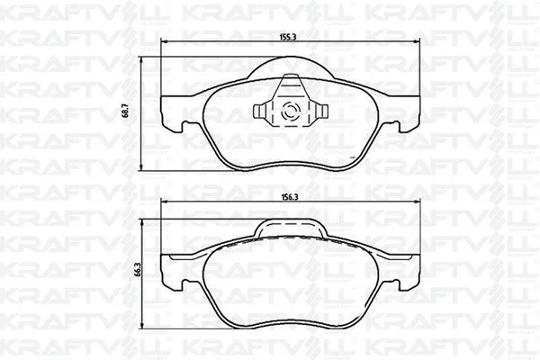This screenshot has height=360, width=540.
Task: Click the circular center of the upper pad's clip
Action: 289,112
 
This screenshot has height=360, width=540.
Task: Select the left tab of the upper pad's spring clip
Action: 260,112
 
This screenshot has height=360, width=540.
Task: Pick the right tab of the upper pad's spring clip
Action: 318,112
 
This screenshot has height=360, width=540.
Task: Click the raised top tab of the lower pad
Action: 289,228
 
